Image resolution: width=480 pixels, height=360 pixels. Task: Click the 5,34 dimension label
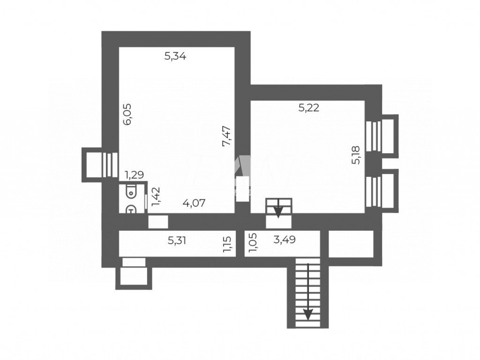175,57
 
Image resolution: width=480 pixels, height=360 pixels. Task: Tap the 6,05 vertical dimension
127,114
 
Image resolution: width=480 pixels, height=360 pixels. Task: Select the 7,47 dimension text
227,136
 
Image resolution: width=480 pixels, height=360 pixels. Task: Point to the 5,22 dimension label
309,108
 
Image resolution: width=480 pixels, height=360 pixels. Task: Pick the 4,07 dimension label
194,203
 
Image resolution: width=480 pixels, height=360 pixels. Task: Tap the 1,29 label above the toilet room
134,175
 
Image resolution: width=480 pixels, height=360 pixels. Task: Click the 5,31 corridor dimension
177,240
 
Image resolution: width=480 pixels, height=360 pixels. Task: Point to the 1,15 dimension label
228,244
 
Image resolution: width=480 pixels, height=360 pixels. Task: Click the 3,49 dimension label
284,239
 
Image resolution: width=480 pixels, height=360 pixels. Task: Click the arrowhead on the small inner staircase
278,212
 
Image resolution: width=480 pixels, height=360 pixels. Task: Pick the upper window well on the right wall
386,136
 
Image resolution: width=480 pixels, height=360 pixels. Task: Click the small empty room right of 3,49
351,243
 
